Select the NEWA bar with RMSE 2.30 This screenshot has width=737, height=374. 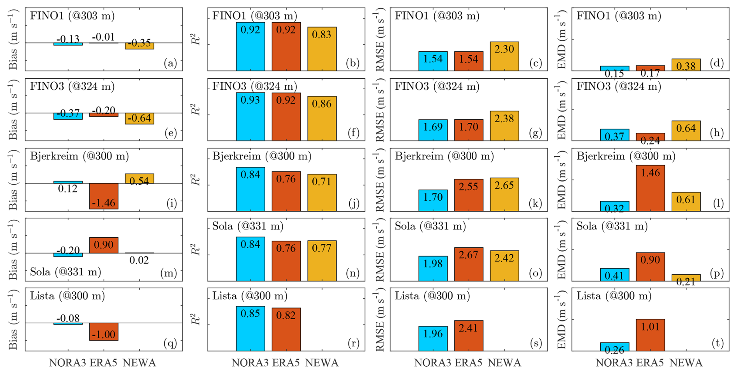[x=504, y=56]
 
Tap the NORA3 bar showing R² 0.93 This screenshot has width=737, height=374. [x=250, y=116]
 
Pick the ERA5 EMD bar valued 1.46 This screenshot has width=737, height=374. [x=650, y=188]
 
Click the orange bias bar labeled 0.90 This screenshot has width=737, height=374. [x=104, y=245]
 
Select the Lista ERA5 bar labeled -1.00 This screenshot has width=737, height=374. [x=104, y=332]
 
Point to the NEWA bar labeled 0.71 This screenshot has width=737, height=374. [x=322, y=192]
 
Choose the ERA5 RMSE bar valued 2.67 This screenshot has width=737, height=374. [x=469, y=264]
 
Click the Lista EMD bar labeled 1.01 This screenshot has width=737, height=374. [x=650, y=335]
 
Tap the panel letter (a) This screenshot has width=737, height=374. [x=170, y=63]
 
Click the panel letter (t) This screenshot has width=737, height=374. [x=717, y=343]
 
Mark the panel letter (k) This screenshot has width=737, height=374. [x=535, y=203]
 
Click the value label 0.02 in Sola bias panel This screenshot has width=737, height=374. [x=139, y=260]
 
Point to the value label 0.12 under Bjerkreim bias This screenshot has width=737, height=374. [x=68, y=189]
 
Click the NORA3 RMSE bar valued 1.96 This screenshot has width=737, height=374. [x=433, y=339]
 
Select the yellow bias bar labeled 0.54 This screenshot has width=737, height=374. [x=139, y=178]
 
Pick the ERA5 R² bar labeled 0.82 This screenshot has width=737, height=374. [x=286, y=329]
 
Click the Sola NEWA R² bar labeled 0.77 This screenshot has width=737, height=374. [x=322, y=261]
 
